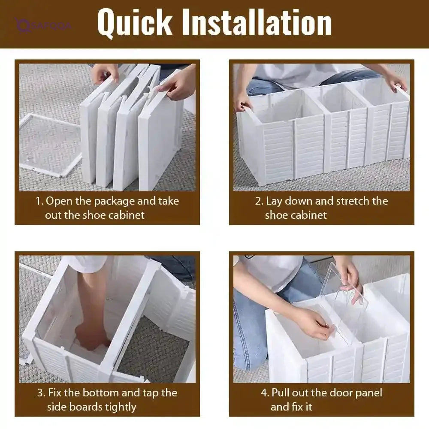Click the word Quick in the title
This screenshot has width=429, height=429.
click(135, 23)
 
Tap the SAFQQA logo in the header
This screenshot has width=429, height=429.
click(44, 26)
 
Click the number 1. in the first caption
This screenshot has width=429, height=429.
click(39, 201)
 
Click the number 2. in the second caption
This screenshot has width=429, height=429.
click(259, 201)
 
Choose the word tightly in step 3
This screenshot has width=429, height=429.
click(121, 408)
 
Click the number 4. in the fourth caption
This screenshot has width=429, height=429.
click(265, 393)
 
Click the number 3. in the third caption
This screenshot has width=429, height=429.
click(41, 393)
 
